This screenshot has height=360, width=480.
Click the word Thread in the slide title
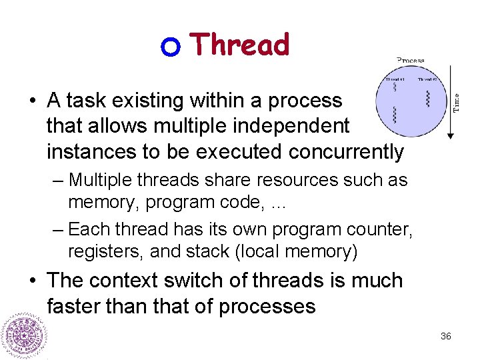pyautogui.click(x=240, y=45)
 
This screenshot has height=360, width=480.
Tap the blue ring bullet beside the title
pyautogui.click(x=171, y=47)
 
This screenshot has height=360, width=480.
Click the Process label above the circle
pyautogui.click(x=411, y=60)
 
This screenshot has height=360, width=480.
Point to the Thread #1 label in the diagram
pyautogui.click(x=394, y=79)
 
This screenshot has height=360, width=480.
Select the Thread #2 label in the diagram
pyautogui.click(x=428, y=79)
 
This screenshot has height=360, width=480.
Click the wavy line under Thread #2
pyautogui.click(x=428, y=99)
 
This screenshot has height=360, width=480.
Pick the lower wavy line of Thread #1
pyautogui.click(x=395, y=115)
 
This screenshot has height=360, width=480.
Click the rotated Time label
pyautogui.click(x=457, y=102)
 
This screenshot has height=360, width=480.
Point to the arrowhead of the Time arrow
pyautogui.click(x=450, y=135)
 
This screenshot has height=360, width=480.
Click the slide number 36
pyautogui.click(x=446, y=336)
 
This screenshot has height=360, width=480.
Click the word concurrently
pyautogui.click(x=346, y=152)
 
